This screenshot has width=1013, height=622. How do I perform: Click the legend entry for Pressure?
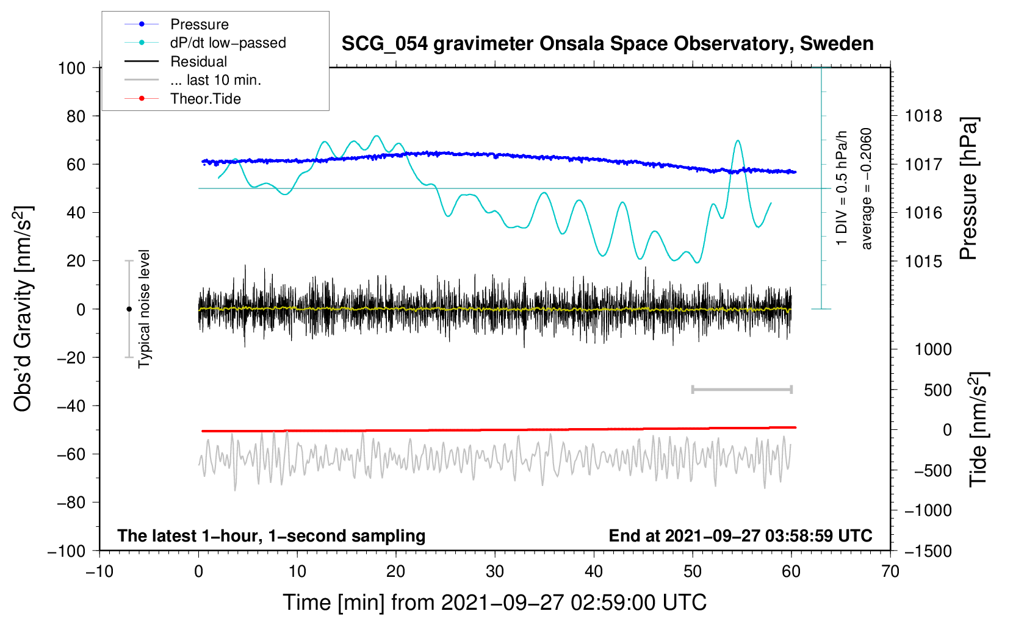199,24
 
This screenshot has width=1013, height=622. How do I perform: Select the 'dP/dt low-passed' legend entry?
228,43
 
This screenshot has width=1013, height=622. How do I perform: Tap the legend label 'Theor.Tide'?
205,99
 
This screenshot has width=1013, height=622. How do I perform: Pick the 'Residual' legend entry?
198,62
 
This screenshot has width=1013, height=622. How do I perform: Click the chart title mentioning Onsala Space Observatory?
607,44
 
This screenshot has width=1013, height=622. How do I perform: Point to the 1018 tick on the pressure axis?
923,116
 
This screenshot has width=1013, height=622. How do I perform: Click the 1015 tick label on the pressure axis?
923,261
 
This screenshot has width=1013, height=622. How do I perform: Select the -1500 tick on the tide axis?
928,551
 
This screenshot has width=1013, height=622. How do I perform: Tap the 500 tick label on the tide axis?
938,390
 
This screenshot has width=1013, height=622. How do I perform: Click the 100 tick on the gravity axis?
71,68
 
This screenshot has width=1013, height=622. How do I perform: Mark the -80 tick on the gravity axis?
71,502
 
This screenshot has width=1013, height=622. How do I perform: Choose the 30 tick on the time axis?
495,571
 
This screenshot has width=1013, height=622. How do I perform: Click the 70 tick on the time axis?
890,571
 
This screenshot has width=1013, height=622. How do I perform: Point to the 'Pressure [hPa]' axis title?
968,189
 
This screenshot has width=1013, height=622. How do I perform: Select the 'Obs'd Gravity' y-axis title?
23,309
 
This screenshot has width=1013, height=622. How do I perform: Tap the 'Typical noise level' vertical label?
144,309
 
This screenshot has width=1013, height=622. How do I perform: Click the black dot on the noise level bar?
129,309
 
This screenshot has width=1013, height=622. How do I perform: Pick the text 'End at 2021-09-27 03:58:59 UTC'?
740,536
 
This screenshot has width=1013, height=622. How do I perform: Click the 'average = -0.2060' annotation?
867,189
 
